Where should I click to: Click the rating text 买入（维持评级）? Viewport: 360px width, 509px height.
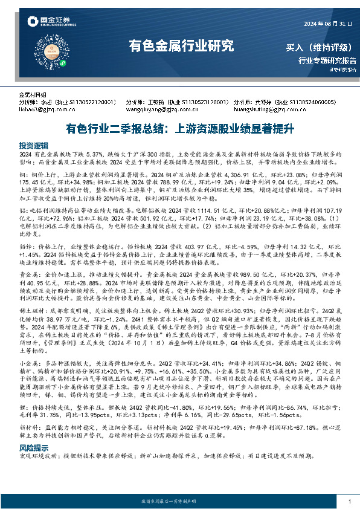pyautogui.click(x=321, y=47)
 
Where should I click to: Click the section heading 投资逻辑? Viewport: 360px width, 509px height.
pyautogui.click(x=33, y=146)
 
